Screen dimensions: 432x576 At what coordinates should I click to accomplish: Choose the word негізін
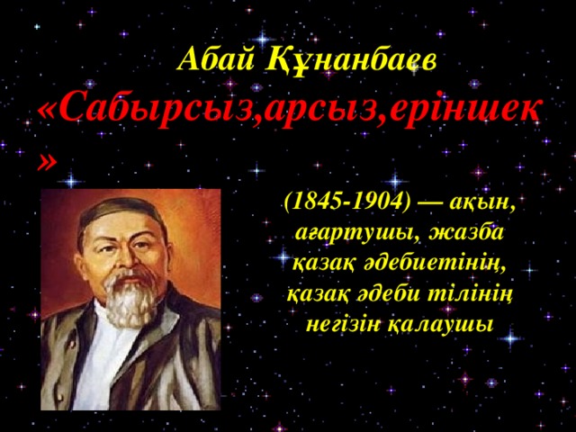coord(342,324)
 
